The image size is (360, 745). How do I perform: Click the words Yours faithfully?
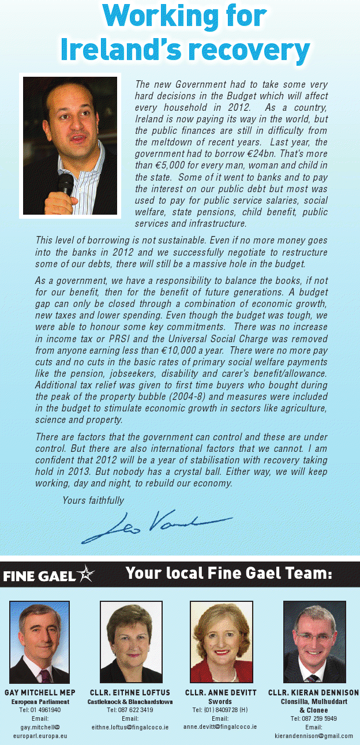point(93,500)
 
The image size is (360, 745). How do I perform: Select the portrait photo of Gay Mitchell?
point(39,642)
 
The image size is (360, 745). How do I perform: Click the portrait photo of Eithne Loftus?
point(131,642)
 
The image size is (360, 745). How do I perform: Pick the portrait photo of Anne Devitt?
point(222,642)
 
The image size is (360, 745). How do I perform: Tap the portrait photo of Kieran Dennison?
point(314,642)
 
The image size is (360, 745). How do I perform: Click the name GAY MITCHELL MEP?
point(40,692)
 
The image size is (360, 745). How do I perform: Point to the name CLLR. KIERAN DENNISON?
point(313,692)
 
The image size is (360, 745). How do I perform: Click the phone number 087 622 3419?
point(130,710)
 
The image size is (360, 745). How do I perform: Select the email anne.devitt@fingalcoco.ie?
point(220,727)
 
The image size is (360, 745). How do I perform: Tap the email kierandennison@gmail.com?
point(314,736)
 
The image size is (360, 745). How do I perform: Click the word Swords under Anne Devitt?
point(220,701)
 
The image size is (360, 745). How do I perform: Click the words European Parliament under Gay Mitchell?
point(40,701)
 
